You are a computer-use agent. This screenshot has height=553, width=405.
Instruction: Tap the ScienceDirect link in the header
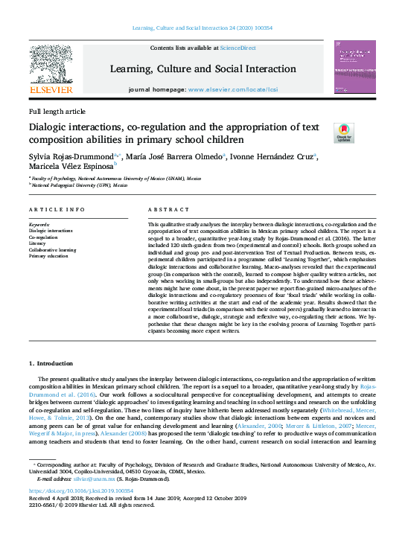click(x=237, y=48)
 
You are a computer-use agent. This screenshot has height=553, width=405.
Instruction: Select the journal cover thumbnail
click(x=354, y=67)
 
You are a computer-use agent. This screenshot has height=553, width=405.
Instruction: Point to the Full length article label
click(x=57, y=111)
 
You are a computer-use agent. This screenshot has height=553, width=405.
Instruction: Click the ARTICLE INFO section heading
click(x=55, y=211)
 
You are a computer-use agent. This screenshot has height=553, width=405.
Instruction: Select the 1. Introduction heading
click(x=51, y=363)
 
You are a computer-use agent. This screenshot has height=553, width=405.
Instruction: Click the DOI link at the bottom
click(x=81, y=491)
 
